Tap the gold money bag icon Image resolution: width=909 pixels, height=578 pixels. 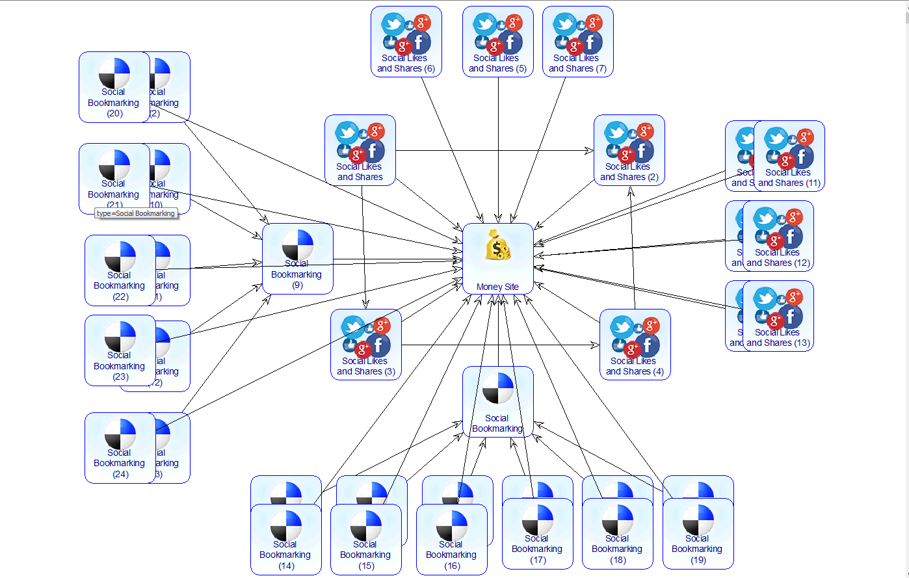tap(497, 246)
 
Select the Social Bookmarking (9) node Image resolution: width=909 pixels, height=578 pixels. tap(297, 259)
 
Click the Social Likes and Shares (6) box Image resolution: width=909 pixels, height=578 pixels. tap(406, 42)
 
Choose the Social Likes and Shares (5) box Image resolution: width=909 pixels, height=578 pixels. tap(497, 42)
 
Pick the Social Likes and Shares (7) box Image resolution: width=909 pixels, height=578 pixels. tap(577, 42)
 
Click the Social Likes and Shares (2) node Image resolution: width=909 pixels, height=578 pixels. tap(629, 150)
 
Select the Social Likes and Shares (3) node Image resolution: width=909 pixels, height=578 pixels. tap(365, 345)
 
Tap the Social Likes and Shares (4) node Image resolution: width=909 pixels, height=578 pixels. tap(635, 345)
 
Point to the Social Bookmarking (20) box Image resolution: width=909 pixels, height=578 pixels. tap(114, 87)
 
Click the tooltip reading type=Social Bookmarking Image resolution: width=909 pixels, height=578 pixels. tap(136, 213)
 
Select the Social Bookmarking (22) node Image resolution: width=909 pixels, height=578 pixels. tap(120, 270)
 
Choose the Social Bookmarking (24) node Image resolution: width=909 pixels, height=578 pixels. tap(120, 448)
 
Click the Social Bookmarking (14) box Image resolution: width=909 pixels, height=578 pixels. tap(285, 540)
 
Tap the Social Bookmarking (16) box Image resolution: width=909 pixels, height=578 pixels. tap(451, 540)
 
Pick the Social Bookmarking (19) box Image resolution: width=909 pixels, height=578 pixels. tap(698, 534)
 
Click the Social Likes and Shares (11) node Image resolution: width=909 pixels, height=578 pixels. tap(789, 156)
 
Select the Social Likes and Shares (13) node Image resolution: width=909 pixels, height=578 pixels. tap(778, 316)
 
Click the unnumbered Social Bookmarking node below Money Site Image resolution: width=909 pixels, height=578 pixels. tap(497, 402)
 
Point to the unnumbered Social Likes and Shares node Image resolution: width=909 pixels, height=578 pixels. tap(360, 150)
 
